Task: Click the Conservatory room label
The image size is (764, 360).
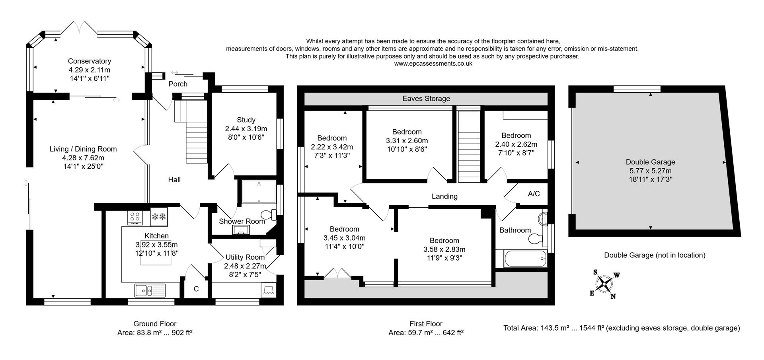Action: pos(89,61)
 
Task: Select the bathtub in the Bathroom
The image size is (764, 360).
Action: pos(521,259)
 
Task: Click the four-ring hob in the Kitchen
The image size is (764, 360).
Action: pos(134,217)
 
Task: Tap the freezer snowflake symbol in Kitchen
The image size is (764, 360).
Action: pos(159,217)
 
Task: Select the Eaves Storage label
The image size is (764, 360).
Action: pos(426,99)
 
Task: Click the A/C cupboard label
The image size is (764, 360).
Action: pos(534,194)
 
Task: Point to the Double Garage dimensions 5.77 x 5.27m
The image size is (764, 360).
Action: pos(650,171)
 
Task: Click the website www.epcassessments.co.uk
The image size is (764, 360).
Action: pos(433,64)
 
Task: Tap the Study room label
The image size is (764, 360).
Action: pos(246,120)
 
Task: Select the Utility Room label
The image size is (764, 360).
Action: pos(245,257)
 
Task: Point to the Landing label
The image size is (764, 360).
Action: pos(444,196)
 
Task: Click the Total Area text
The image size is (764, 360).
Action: pos(621,328)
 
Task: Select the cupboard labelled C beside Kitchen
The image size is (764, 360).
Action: pos(196,289)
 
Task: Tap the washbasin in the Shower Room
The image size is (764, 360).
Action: pos(242,230)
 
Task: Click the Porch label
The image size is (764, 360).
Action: pos(178,84)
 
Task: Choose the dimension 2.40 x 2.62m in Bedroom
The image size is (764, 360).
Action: pos(516,144)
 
